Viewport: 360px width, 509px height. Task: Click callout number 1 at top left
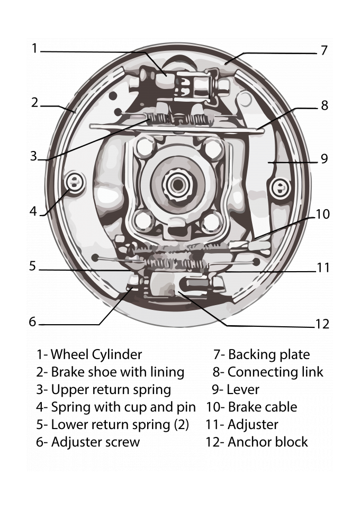pos(35,49)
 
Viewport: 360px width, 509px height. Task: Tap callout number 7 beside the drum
pos(324,51)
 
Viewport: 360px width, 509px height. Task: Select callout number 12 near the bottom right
pos(322,324)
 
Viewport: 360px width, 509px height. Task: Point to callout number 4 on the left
pos(33,211)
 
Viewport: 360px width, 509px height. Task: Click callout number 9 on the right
pos(325,158)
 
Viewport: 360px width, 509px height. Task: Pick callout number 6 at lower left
pos(33,322)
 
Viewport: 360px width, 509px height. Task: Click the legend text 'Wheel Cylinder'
pos(96,354)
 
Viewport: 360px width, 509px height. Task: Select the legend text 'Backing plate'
pos(269,354)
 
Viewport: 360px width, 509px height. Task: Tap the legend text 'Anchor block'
pos(267,441)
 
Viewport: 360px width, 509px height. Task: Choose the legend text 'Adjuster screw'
pos(95,442)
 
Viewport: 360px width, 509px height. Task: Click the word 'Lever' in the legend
pos(243,389)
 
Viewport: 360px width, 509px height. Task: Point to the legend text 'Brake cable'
pos(263,407)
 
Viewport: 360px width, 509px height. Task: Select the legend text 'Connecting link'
pos(275,372)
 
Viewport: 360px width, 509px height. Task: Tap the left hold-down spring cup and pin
pos(75,183)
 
